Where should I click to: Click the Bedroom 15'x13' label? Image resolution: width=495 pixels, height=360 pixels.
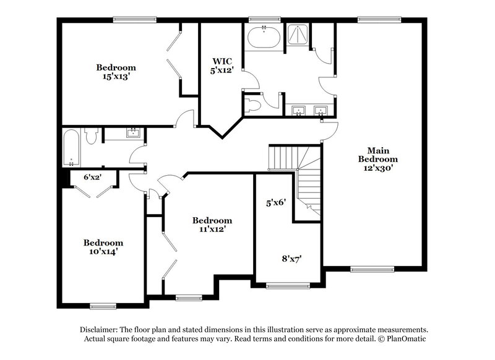tap(116, 72)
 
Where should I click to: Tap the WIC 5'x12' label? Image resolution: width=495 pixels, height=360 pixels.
tap(222, 66)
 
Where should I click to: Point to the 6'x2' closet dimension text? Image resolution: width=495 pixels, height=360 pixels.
tap(93, 178)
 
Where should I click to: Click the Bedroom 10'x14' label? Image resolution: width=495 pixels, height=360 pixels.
tap(103, 247)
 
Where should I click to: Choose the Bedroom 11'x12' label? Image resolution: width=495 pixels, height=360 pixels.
tap(212, 224)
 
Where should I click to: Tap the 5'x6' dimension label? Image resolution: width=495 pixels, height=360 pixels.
tap(275, 202)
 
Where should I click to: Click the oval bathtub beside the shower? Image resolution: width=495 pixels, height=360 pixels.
tap(264, 38)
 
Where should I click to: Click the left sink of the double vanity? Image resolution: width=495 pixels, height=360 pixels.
tap(299, 111)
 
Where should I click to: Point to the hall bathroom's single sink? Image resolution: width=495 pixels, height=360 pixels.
tap(133, 132)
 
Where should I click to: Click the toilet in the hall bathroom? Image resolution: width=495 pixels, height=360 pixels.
tap(90, 135)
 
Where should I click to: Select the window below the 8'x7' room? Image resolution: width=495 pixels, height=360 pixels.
tap(287, 285)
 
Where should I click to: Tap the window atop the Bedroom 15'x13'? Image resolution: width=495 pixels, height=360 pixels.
tap(134, 19)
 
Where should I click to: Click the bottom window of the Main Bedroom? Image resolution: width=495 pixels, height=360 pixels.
tap(372, 269)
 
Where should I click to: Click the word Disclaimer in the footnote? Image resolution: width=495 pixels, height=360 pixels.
tap(100, 330)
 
